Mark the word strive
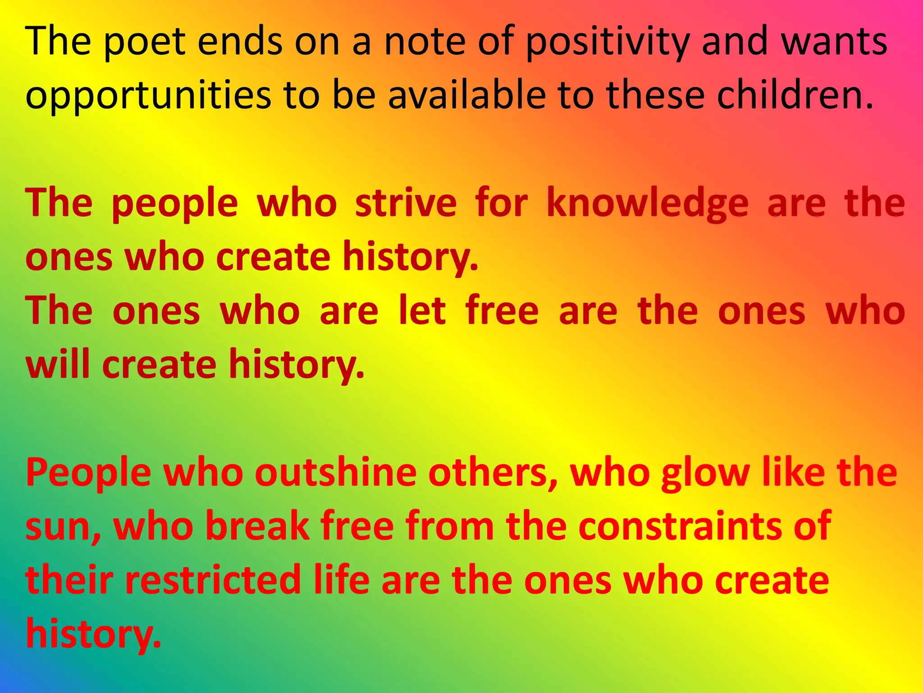click(406, 203)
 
